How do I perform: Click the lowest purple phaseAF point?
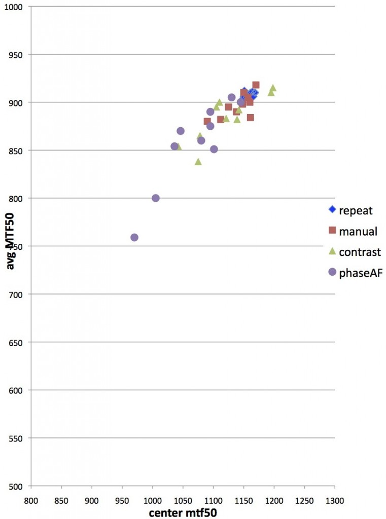(134, 237)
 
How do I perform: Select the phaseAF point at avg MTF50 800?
(156, 198)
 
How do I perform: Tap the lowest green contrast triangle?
(198, 162)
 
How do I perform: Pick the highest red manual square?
(256, 85)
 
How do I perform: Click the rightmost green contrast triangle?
(273, 88)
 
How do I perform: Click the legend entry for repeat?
(350, 210)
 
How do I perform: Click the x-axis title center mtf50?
(183, 512)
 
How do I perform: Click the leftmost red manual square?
(207, 122)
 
